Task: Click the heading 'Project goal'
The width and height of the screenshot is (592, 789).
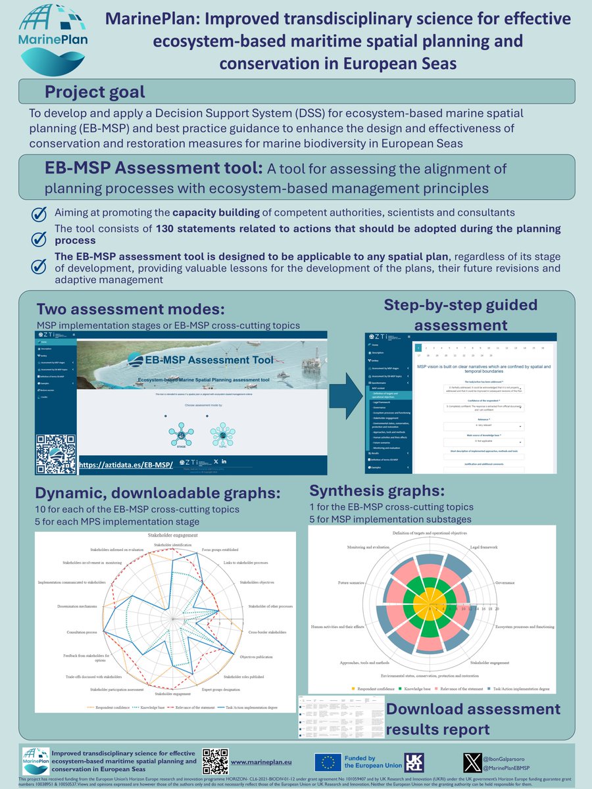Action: coord(95,91)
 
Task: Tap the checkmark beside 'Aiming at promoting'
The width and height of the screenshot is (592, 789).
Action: coord(39,214)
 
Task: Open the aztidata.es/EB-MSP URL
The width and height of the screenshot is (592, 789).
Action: coord(125,465)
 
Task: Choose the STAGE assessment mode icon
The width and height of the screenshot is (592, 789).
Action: coord(180,433)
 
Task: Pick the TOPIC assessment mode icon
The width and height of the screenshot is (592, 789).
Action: coord(222,433)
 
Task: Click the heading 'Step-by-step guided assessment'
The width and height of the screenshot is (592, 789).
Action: coord(460,314)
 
